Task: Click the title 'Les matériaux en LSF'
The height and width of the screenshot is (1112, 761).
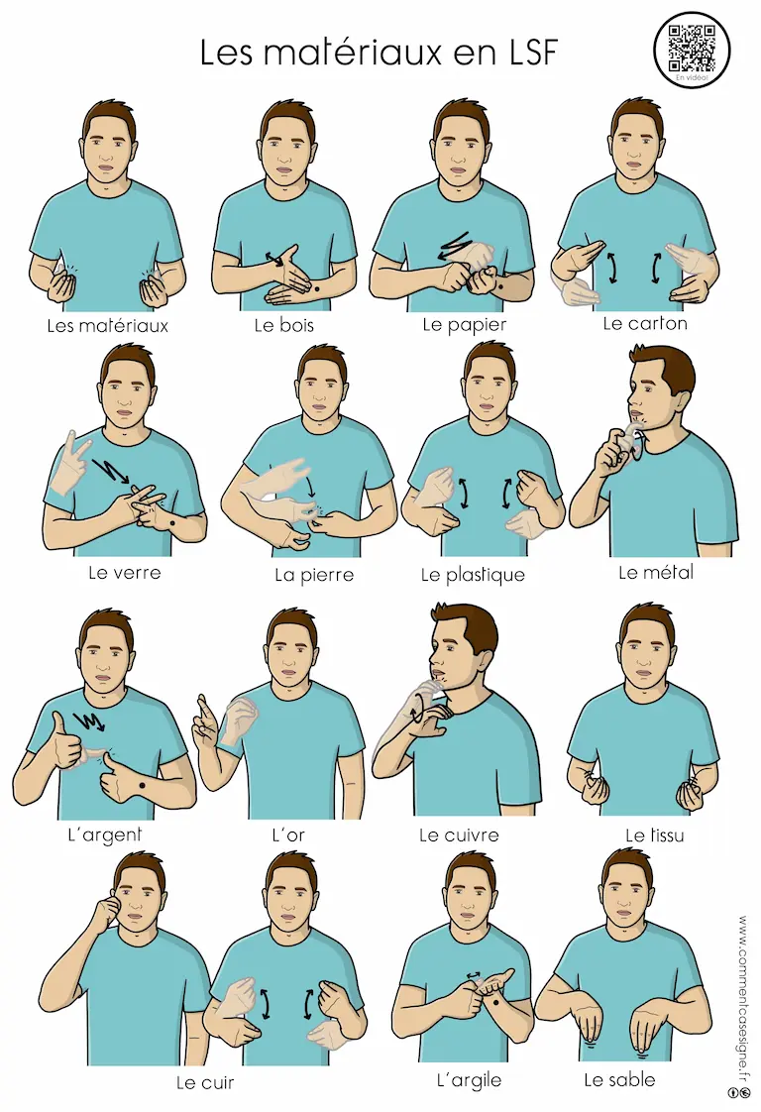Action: [x=380, y=52]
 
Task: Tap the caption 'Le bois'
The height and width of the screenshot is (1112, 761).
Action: [x=283, y=325]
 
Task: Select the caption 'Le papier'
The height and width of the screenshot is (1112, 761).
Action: [x=465, y=325]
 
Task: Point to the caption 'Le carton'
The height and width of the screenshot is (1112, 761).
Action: [x=645, y=324]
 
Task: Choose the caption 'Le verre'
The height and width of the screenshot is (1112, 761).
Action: [x=125, y=572]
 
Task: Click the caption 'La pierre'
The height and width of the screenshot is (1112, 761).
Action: [x=314, y=575]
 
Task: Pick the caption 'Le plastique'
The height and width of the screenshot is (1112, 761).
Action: [x=473, y=575]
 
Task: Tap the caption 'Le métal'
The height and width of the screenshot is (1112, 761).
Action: [x=656, y=572]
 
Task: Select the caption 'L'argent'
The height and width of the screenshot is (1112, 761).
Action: [x=105, y=834]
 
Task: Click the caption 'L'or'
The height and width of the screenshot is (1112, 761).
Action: [x=288, y=834]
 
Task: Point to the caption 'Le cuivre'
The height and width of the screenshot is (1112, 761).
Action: [x=459, y=834]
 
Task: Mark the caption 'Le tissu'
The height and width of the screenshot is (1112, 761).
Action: [x=655, y=834]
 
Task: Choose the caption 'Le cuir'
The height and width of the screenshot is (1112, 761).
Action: [x=205, y=1083]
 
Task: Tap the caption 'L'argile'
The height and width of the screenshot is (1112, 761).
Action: [x=469, y=1081]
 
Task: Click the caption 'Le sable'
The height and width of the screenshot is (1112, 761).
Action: [x=620, y=1080]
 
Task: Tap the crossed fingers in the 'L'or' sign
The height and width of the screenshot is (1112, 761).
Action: [x=205, y=720]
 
